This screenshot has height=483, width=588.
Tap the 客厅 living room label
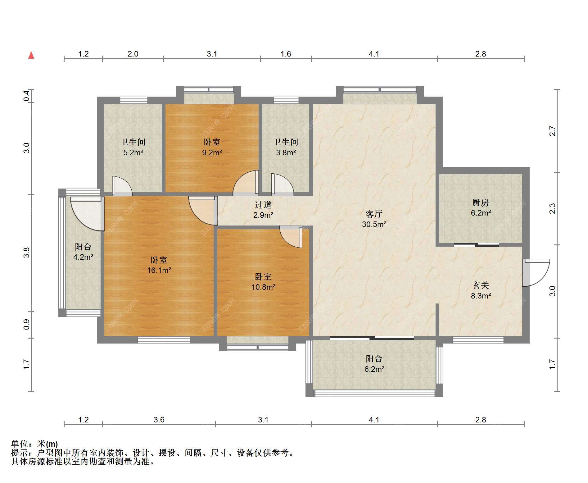point(374,214)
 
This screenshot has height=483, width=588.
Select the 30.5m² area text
point(374,224)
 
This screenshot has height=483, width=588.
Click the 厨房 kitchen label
point(481,203)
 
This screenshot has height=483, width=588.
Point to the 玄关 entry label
point(481,285)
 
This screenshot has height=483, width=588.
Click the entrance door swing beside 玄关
point(536,272)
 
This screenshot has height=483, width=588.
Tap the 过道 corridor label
point(263,205)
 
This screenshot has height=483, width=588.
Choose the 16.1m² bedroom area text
point(159,270)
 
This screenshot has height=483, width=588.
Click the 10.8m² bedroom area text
point(263,287)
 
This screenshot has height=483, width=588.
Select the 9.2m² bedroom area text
point(212,153)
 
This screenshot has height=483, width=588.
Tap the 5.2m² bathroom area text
point(133,153)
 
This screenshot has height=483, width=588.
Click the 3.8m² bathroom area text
point(286,153)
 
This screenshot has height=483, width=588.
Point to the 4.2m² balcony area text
point(83,257)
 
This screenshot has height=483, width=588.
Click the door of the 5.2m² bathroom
point(122,186)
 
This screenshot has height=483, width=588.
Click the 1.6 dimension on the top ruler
point(286,54)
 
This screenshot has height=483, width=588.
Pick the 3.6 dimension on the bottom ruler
point(159,420)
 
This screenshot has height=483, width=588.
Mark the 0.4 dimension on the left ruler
point(27,96)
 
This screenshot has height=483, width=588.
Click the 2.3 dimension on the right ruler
point(553,208)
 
